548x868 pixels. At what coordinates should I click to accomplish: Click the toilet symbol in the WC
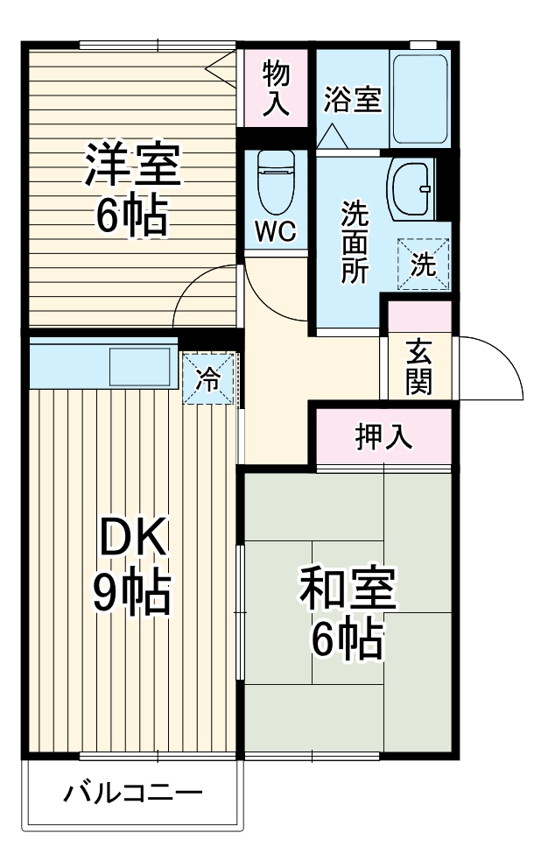[277, 183]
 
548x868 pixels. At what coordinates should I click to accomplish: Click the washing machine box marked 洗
[424, 265]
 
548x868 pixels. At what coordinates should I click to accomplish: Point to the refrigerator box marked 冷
[208, 378]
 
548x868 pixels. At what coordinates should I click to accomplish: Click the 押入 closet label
[383, 436]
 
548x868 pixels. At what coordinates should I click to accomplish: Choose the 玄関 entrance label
[418, 366]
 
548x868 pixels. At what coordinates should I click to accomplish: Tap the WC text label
[276, 232]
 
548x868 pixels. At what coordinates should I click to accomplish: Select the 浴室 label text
[352, 100]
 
